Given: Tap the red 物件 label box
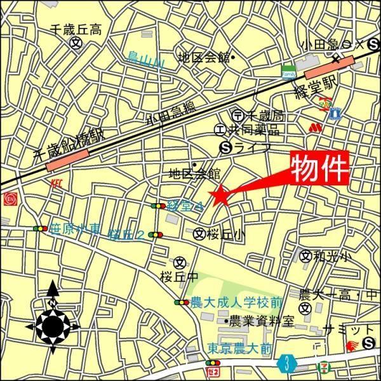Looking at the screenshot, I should pyautogui.click(x=321, y=168).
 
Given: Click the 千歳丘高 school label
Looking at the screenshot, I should pyautogui.click(x=76, y=29).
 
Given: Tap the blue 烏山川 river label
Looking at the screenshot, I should pyautogui.click(x=145, y=62).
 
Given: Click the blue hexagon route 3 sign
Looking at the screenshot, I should pyautogui.click(x=288, y=364).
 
